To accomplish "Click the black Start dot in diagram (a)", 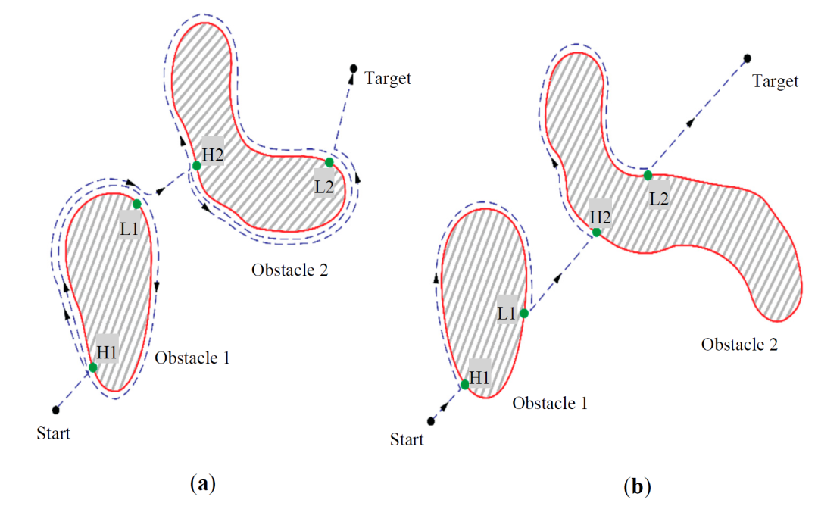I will (56, 410).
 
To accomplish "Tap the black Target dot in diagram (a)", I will (353, 69).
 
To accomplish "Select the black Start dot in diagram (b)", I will (431, 420).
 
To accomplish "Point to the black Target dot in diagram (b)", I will (747, 58).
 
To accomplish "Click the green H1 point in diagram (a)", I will (92, 367).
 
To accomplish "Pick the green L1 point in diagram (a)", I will (136, 204).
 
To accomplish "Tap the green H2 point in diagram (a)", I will (196, 165).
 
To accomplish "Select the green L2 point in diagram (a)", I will (329, 162).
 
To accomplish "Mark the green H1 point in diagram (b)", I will (465, 384).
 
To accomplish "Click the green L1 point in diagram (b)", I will (523, 313).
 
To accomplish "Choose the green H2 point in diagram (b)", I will (597, 232).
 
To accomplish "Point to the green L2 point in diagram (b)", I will (648, 175).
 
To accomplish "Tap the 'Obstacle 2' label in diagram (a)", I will (290, 269).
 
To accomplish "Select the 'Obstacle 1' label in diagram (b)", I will (550, 403).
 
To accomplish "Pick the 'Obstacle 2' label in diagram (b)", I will (739, 345).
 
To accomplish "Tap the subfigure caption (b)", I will (637, 486).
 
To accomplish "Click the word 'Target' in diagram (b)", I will (775, 80).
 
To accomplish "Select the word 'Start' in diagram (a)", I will (54, 434).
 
